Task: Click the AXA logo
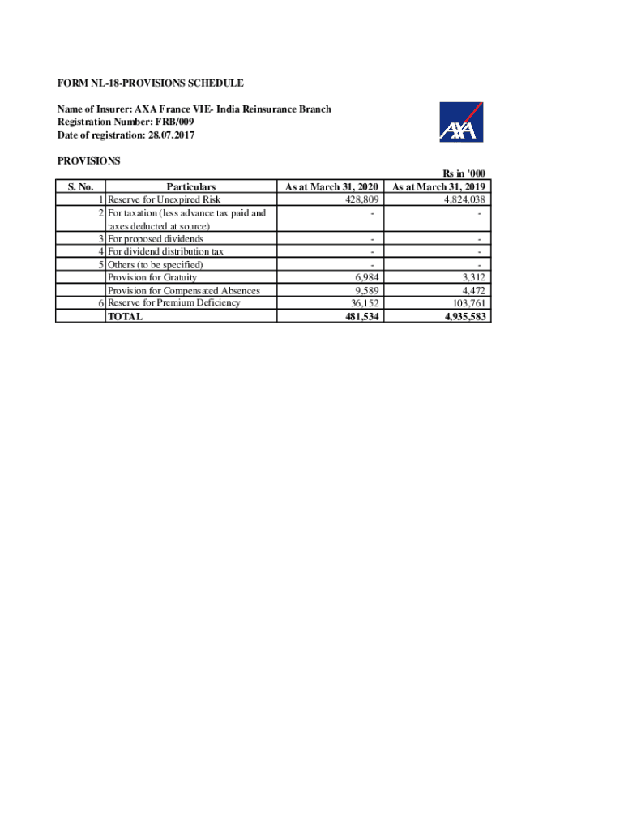pos(461,122)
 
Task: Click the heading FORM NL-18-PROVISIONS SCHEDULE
pos(150,83)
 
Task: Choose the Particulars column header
pos(190,187)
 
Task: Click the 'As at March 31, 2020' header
pos(331,187)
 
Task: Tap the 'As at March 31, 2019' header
pos(438,187)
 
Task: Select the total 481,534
pos(361,316)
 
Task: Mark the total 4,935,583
pos(465,316)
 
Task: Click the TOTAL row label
pos(125,316)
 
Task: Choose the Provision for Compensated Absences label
pos(184,290)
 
